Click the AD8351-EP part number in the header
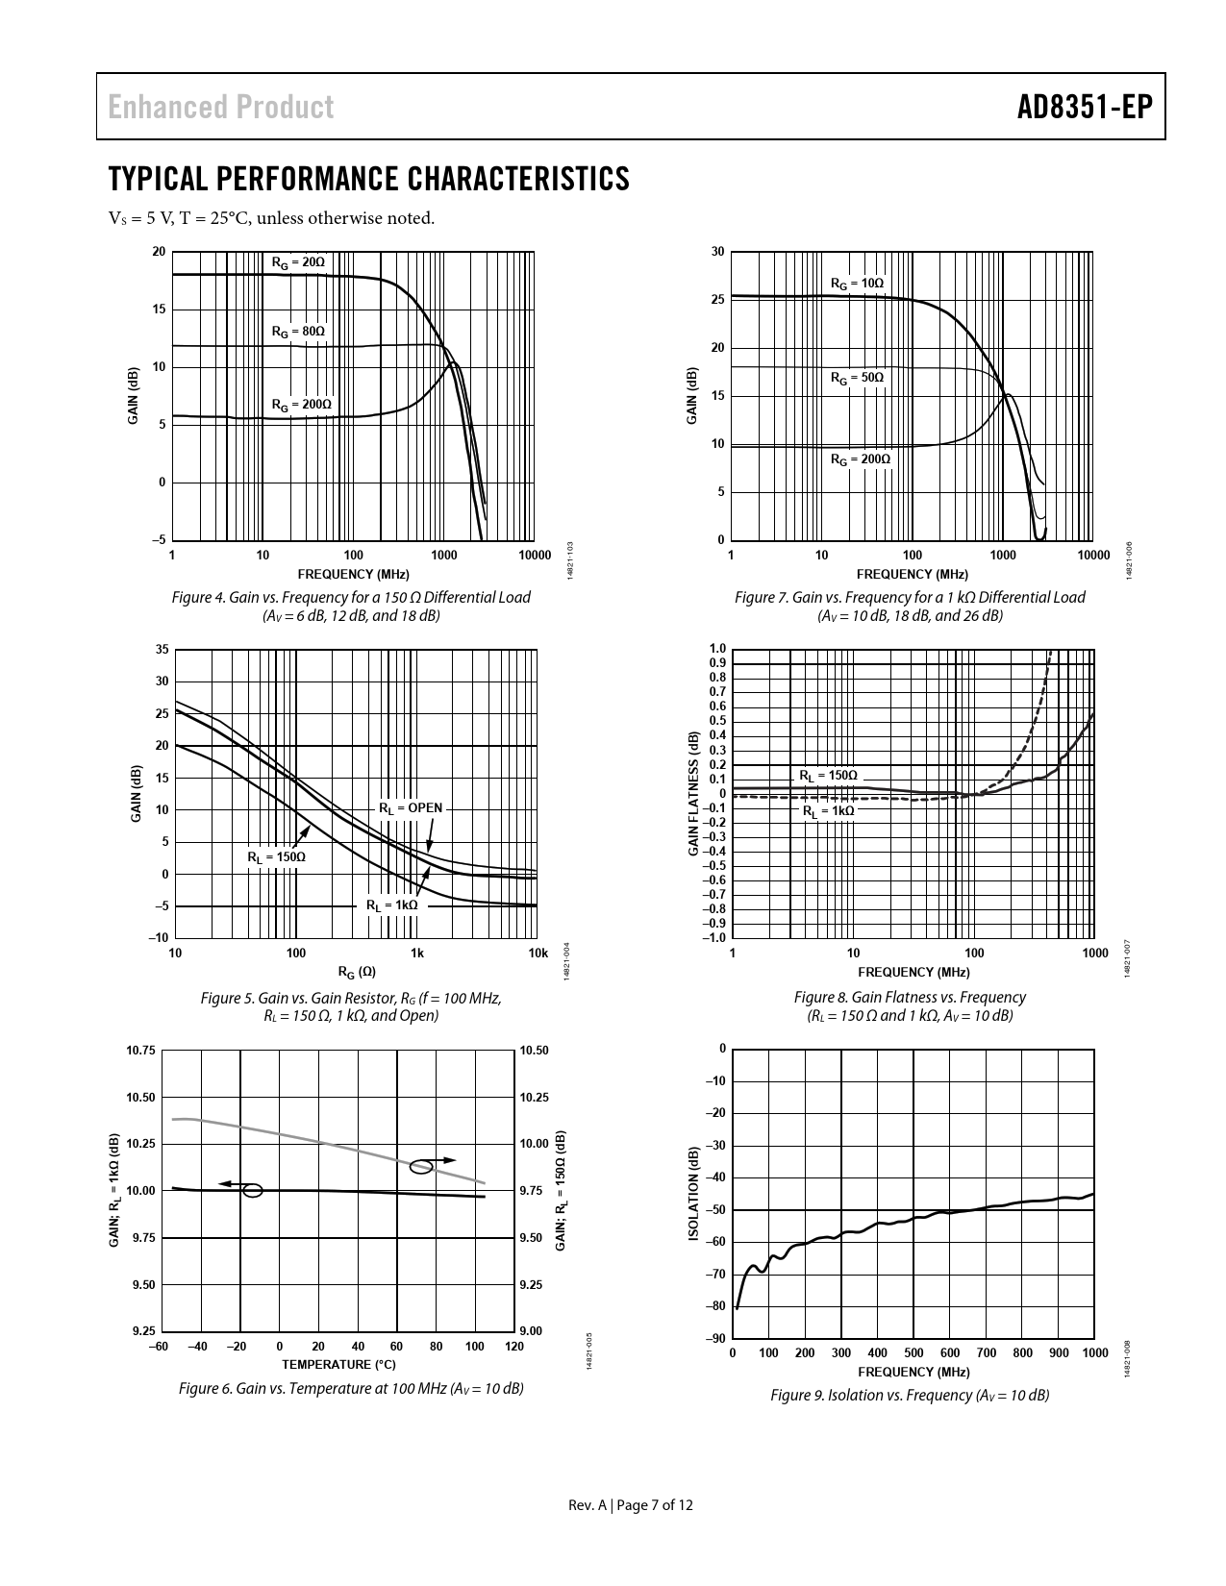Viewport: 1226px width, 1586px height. pos(1085,107)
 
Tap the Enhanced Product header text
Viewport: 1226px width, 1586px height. pos(221,107)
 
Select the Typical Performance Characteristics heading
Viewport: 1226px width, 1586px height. pos(369,179)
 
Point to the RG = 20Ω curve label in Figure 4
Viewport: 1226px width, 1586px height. pos(297,262)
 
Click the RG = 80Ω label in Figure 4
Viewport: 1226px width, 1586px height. pos(297,332)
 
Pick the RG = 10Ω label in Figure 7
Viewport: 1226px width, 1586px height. pos(857,284)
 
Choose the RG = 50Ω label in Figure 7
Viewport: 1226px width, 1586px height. pos(857,378)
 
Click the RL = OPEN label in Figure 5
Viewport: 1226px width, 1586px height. pos(411,807)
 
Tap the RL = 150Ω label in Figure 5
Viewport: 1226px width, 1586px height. pos(276,856)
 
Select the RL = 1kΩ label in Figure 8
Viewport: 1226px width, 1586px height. pos(828,810)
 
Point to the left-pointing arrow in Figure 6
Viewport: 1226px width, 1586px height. pos(231,1183)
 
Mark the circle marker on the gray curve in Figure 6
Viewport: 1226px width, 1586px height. pos(421,1167)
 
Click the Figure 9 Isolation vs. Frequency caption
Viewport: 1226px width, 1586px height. pos(909,1395)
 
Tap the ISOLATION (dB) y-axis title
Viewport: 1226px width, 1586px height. pos(694,1193)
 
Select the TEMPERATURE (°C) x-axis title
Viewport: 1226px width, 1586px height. pos(338,1364)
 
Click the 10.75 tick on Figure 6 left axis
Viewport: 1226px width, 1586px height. pos(140,1051)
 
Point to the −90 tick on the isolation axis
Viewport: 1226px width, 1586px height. pos(714,1338)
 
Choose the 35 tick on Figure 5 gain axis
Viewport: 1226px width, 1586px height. pos(162,650)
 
